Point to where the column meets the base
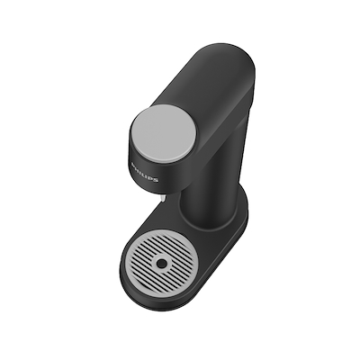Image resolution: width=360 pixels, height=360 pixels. [x=202, y=220]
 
